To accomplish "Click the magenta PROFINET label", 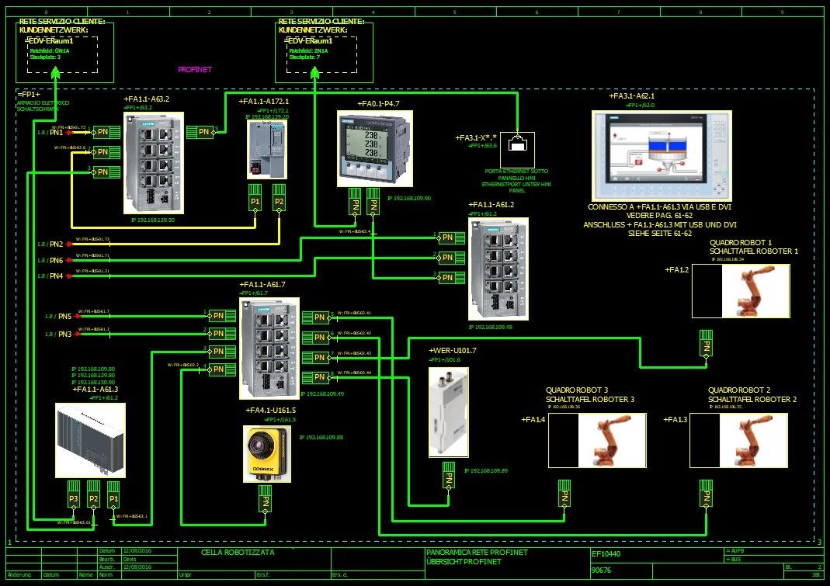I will pos(195,69).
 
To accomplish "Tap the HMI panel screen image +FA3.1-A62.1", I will pos(662,156).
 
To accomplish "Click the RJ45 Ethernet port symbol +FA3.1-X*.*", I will pos(516,141).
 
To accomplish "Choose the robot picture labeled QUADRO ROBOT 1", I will pos(755,291).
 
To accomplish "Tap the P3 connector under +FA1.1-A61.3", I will pos(74,498).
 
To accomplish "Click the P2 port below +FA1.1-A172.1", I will pos(278,202).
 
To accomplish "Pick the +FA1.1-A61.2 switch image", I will pos(497,269).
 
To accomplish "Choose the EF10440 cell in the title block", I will pos(606,554).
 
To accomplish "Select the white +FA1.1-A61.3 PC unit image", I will pos(89,440).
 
